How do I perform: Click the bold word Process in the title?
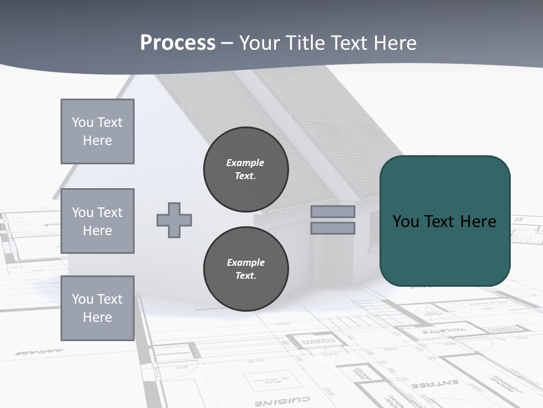178,42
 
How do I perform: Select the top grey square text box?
97,131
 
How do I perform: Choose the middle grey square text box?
97,221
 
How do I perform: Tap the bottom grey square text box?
97,308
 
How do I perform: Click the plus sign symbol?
174,220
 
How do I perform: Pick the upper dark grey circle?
245,169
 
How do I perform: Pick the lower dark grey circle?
245,269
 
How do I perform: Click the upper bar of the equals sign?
333,212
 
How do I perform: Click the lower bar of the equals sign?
333,228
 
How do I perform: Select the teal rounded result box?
445,221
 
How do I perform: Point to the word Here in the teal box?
478,221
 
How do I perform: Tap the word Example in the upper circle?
245,163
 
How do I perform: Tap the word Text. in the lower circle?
245,276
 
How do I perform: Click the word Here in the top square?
97,141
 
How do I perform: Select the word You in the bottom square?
83,299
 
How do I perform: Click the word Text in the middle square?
109,212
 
